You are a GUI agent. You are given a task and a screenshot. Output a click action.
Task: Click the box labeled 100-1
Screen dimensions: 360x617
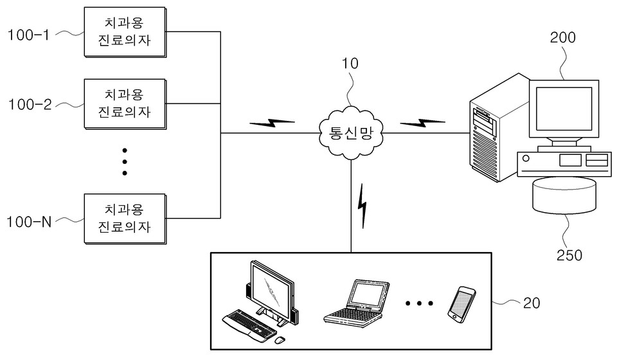click(x=124, y=31)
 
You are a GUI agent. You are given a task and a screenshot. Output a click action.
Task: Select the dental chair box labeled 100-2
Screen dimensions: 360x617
click(x=124, y=103)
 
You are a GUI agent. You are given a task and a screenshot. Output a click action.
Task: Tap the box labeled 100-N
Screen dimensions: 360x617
click(x=124, y=219)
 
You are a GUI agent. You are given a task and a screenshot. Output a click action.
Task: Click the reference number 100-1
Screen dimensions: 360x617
click(x=28, y=35)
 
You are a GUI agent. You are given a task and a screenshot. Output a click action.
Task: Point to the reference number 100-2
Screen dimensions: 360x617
click(x=30, y=104)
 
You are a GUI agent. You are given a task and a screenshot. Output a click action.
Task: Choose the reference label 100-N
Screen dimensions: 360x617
click(x=29, y=222)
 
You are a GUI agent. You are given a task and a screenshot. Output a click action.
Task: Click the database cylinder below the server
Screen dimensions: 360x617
click(x=565, y=195)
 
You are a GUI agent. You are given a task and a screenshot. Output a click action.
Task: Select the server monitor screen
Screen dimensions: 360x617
click(x=564, y=109)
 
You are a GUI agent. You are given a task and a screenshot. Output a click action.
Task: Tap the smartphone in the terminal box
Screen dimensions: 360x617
click(x=461, y=304)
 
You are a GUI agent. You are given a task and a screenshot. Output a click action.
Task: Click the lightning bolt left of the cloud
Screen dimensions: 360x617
click(x=272, y=122)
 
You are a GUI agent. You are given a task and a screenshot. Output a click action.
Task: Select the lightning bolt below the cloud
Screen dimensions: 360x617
click(x=363, y=205)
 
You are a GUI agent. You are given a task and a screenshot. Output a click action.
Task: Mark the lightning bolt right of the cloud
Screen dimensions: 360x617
click(x=422, y=122)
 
